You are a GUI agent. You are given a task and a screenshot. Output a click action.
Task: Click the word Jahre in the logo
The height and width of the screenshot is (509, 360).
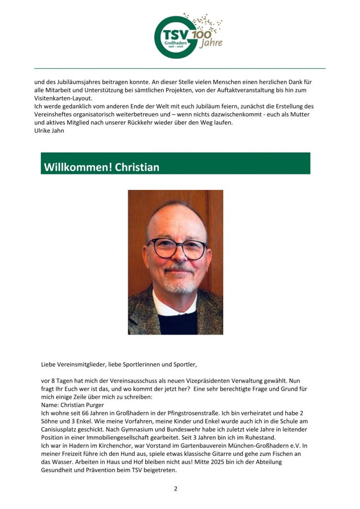pyautogui.click(x=211, y=44)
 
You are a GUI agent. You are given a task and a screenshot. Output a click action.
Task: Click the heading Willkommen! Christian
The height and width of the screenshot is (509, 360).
pyautogui.click(x=101, y=167)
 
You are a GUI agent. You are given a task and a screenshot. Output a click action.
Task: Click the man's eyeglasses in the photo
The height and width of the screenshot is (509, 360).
pyautogui.click(x=177, y=248)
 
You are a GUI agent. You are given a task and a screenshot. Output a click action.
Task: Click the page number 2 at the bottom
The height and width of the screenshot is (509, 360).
pyautogui.click(x=176, y=489)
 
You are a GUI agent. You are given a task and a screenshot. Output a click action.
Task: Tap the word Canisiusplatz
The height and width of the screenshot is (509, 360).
pyautogui.click(x=62, y=429)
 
